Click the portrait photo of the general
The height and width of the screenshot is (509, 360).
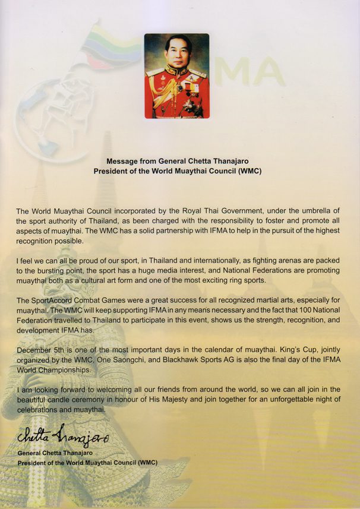pyautogui.click(x=176, y=75)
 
